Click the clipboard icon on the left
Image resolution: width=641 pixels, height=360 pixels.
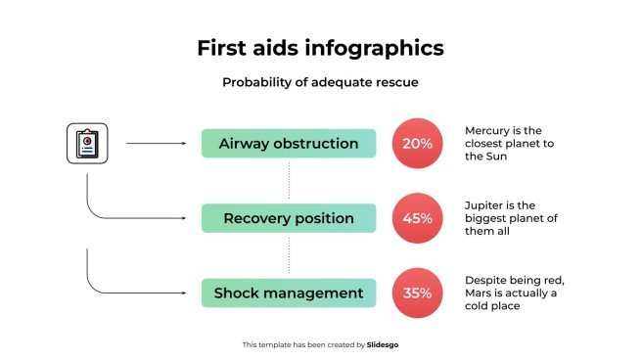point(87,144)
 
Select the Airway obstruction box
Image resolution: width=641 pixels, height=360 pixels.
point(289,144)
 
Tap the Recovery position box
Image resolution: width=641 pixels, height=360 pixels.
point(289,218)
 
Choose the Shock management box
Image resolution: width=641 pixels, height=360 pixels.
point(289,292)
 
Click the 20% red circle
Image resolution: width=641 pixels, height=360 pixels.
point(417,144)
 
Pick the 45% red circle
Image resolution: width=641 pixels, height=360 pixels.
point(417,218)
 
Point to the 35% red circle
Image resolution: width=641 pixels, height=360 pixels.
point(417,292)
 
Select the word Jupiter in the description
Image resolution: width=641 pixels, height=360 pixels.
point(486,204)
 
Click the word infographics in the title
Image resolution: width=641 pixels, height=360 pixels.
point(375,48)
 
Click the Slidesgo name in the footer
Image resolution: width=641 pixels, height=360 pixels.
point(383,344)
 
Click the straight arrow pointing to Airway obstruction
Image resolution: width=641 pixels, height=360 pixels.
point(157,144)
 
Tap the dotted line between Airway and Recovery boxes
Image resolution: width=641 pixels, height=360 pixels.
point(289,181)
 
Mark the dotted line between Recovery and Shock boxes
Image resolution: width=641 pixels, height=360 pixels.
point(289,255)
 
